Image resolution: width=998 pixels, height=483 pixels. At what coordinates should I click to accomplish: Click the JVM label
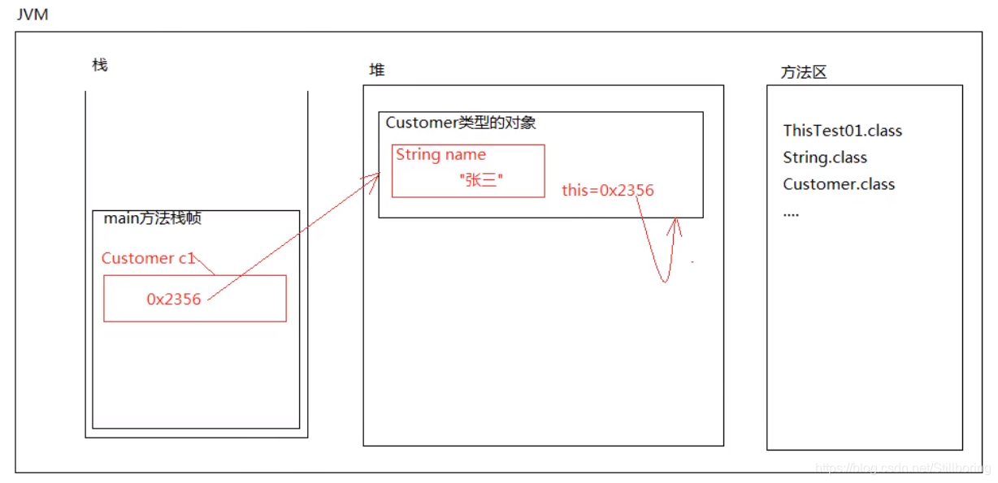(33, 14)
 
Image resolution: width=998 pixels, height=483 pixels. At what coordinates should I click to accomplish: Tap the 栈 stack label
(100, 65)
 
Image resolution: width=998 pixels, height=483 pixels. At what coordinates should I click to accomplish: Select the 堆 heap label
(377, 70)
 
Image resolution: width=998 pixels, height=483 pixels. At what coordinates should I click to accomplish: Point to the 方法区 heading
(803, 72)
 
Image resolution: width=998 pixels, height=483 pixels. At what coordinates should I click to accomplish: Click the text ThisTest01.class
(842, 131)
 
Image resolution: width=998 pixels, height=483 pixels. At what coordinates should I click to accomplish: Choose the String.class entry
(825, 157)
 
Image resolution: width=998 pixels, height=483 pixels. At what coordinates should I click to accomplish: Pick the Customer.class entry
(839, 184)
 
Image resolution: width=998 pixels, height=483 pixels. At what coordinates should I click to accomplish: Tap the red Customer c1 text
(148, 258)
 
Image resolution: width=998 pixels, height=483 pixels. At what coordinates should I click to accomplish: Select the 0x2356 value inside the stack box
(173, 299)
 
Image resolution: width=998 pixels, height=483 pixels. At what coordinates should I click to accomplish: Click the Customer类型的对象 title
(460, 123)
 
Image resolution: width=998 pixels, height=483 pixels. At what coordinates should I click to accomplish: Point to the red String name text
(440, 154)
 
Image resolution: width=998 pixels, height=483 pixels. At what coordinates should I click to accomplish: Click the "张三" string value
(481, 180)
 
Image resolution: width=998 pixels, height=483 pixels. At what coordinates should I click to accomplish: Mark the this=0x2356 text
(608, 191)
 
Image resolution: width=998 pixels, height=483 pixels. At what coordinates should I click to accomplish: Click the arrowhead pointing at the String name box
(375, 177)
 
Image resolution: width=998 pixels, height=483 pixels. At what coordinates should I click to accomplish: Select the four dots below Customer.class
(791, 213)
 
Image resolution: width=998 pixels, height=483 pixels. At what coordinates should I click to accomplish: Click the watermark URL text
(902, 468)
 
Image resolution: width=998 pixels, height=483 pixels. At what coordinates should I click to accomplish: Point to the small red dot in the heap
(692, 262)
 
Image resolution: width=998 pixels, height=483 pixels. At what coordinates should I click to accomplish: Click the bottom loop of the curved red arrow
(664, 278)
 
